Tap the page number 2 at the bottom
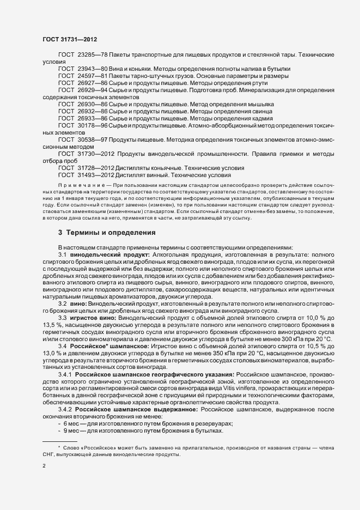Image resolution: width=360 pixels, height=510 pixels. click(44, 466)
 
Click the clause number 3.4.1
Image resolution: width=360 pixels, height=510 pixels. click(65, 375)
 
